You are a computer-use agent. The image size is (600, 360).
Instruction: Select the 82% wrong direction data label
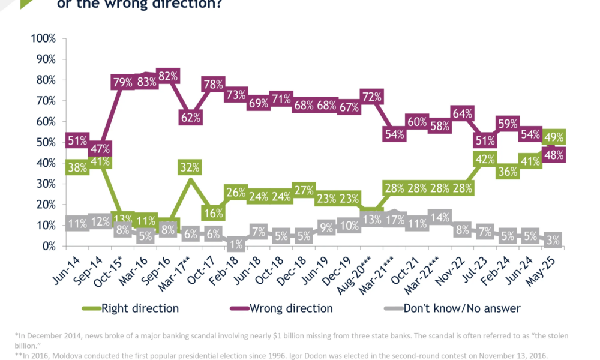pos(167,76)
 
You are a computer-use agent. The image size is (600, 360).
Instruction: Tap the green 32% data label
pos(190,167)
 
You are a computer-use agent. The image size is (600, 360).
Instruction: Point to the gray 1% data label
pos(235,244)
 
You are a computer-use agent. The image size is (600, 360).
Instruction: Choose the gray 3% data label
pos(554,241)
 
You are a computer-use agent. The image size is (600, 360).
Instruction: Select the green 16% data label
pos(213,212)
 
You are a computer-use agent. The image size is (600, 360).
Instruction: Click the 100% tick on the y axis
pos(43,38)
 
